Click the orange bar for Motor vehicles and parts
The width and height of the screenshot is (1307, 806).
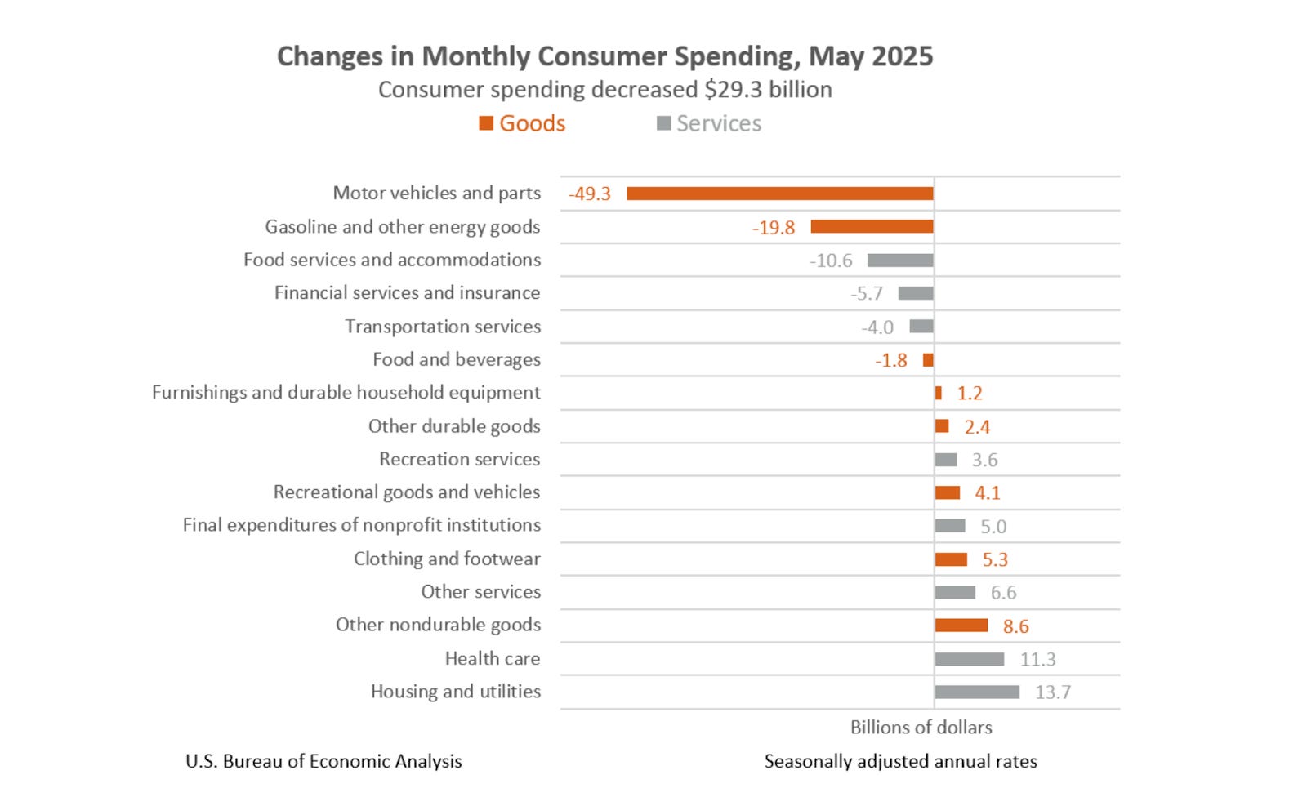tap(780, 194)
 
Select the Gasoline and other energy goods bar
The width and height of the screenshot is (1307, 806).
tap(872, 227)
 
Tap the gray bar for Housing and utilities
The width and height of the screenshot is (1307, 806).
tap(977, 692)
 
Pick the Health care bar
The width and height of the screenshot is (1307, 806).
tap(970, 659)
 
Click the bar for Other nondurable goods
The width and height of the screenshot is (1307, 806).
tap(961, 626)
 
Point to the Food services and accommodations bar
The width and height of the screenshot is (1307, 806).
tap(900, 261)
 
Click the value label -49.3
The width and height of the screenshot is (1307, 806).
tap(590, 194)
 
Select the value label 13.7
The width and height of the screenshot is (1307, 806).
tap(1053, 692)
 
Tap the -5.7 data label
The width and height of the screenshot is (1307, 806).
tap(867, 294)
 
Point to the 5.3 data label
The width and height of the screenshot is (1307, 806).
tap(995, 560)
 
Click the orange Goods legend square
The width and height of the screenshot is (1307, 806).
tap(486, 123)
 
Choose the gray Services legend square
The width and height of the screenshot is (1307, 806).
tap(664, 123)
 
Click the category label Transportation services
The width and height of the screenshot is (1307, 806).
tap(443, 327)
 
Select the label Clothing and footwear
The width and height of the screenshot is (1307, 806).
tap(447, 559)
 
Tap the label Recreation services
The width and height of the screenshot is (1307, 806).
tap(459, 460)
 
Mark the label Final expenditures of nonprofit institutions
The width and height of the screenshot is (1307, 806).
tap(361, 525)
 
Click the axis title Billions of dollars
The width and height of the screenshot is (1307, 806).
tap(921, 728)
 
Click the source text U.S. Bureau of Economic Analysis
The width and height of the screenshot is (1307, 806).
tap(323, 762)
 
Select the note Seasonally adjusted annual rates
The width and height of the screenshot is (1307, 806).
tap(900, 762)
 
